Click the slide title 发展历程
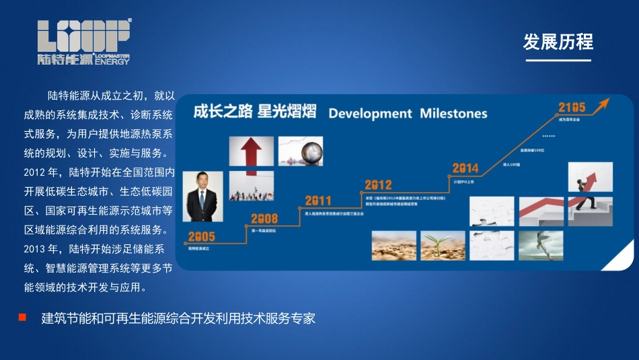point(558,42)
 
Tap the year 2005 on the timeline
point(201,236)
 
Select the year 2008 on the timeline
point(264,219)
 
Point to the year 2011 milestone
point(318,201)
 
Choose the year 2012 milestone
point(378,184)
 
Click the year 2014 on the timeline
point(465,168)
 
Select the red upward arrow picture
point(251,151)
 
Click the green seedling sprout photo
point(443,246)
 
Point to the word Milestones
point(453,113)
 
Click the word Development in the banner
point(370,113)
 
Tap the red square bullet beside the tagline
point(22,317)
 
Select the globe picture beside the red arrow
point(300,151)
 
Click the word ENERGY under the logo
point(112,61)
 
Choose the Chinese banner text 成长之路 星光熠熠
point(254,112)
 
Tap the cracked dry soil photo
point(393,246)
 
